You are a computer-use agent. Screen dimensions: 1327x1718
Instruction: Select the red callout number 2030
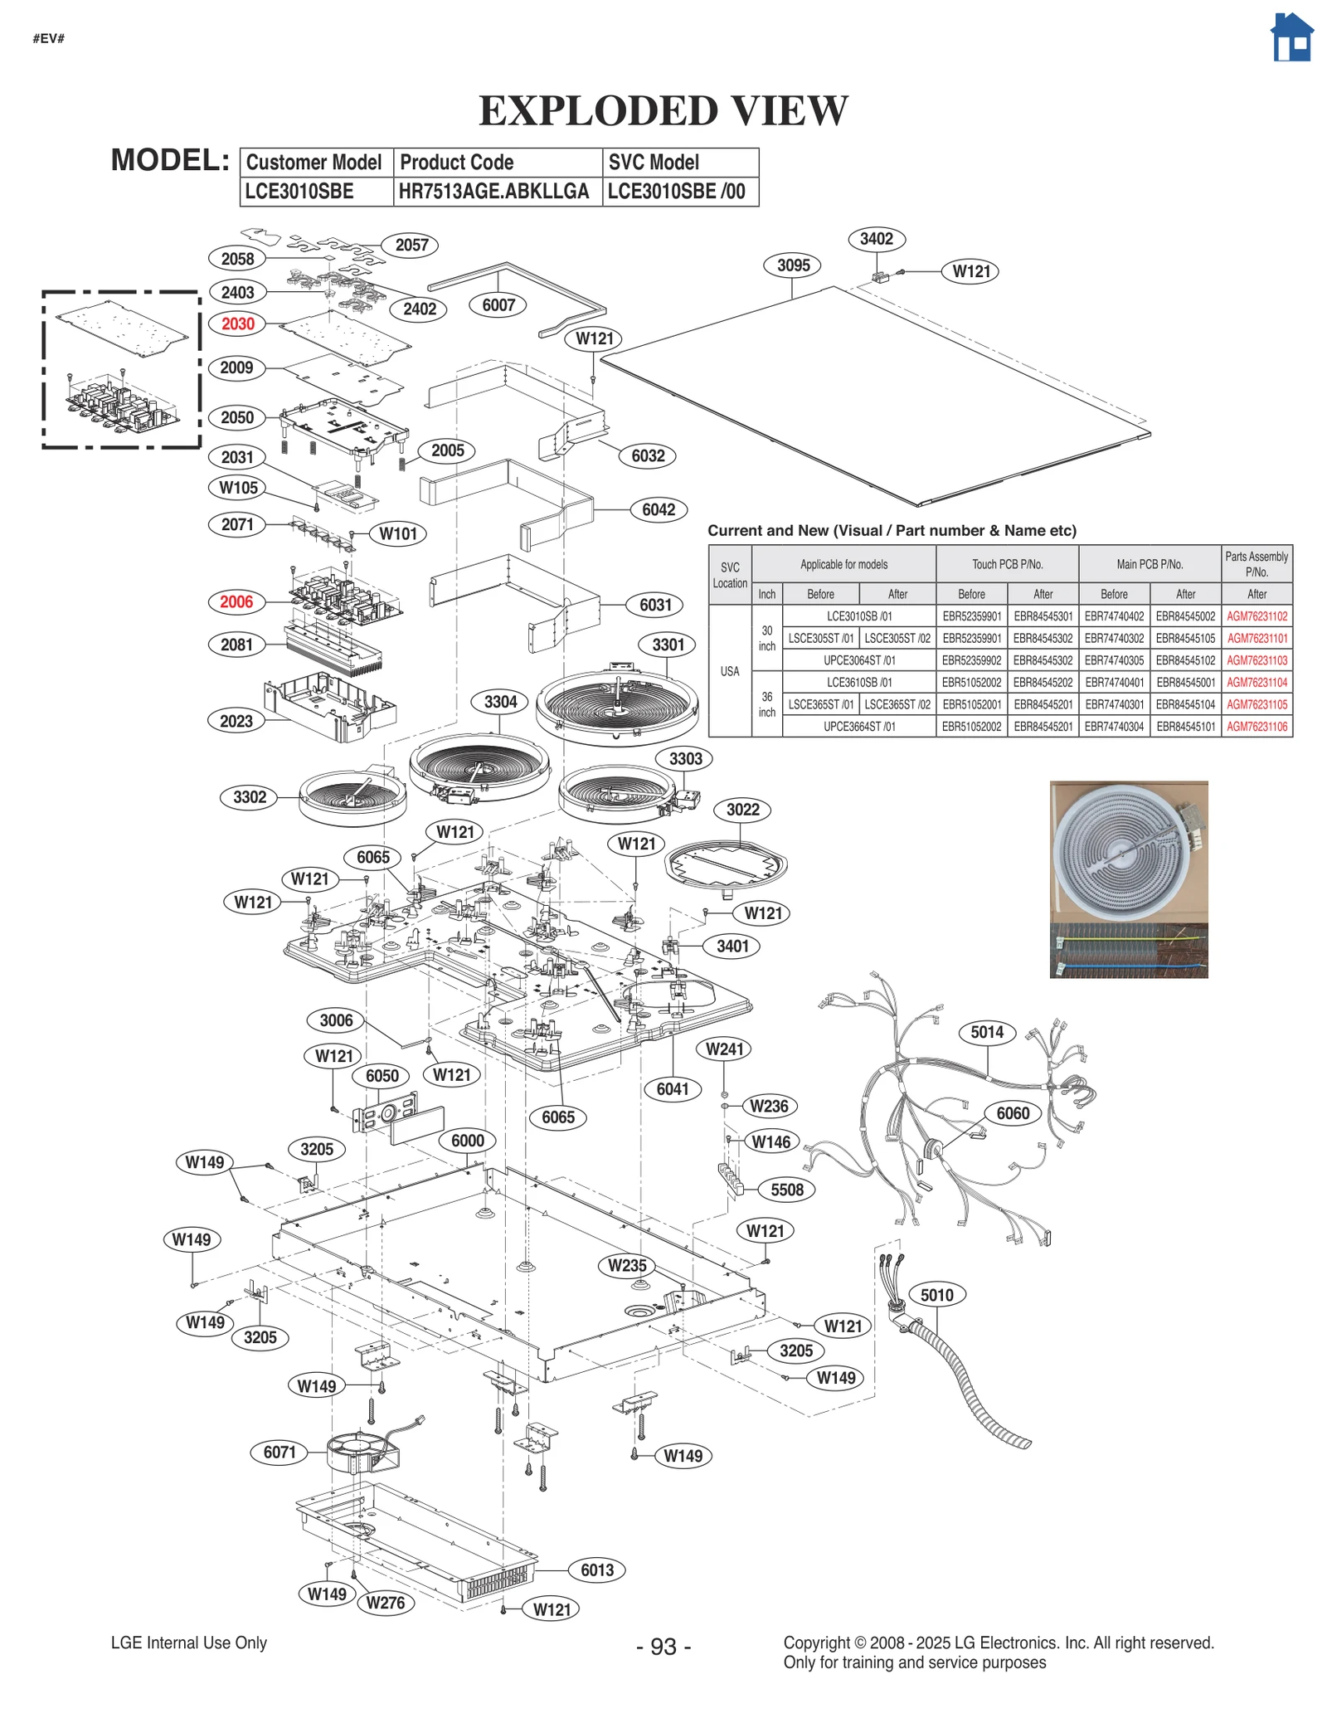coord(238,324)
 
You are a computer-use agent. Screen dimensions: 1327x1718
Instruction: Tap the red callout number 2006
coord(236,601)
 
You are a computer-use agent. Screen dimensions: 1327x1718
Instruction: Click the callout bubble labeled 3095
coord(793,265)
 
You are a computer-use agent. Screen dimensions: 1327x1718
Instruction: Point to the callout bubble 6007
coord(498,305)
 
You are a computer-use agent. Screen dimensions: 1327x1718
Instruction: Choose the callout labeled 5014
coord(987,1032)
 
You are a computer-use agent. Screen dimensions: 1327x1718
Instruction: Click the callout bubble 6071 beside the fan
coord(279,1452)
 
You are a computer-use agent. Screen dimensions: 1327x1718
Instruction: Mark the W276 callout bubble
coord(386,1603)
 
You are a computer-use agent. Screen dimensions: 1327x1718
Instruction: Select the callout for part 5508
coord(787,1190)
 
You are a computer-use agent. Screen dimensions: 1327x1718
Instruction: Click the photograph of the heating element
coord(1129,879)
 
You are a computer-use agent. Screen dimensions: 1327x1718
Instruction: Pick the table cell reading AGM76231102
coord(1257,616)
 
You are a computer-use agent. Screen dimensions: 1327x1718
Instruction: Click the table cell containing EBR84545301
coord(1043,616)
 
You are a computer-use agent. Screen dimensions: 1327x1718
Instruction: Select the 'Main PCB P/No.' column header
coord(1150,564)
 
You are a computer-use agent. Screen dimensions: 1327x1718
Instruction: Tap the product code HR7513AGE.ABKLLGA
coord(494,192)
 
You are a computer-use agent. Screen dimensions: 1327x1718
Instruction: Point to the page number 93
coord(663,1646)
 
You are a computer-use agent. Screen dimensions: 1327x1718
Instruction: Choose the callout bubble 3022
coord(742,810)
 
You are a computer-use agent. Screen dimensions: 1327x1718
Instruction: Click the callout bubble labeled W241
coord(725,1049)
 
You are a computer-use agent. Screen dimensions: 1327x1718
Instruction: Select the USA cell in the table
coord(730,671)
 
